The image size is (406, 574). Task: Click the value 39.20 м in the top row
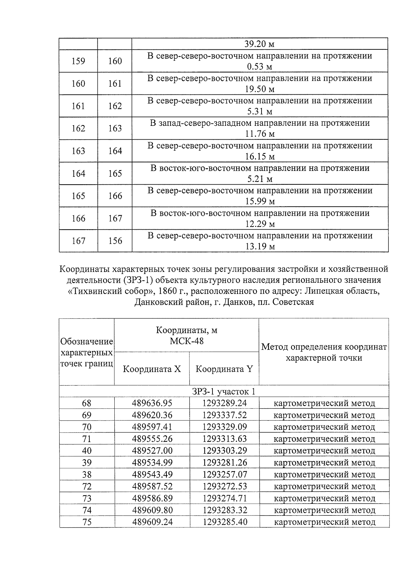click(x=259, y=44)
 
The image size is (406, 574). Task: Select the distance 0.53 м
click(x=259, y=67)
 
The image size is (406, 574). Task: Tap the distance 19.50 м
click(x=259, y=89)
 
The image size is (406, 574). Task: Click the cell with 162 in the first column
click(x=78, y=128)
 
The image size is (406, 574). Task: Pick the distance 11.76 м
click(x=259, y=134)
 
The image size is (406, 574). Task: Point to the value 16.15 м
click(x=259, y=156)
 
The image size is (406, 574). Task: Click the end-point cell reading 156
click(x=115, y=240)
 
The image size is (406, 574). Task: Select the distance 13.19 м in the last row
click(x=259, y=246)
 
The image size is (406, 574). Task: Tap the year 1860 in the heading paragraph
click(x=162, y=291)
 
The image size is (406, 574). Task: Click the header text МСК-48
click(x=186, y=341)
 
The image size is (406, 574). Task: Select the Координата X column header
click(x=152, y=369)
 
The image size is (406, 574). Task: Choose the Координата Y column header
click(x=224, y=369)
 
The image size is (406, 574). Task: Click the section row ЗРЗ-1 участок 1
click(x=224, y=391)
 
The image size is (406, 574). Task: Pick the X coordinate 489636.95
click(x=152, y=403)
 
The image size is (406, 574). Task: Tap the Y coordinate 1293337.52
click(x=225, y=415)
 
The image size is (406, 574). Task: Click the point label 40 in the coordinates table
click(x=87, y=451)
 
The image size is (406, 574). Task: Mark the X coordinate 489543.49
click(x=152, y=475)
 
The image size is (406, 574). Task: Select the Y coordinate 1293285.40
click(x=225, y=522)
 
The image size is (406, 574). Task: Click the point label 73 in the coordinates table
click(x=87, y=498)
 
